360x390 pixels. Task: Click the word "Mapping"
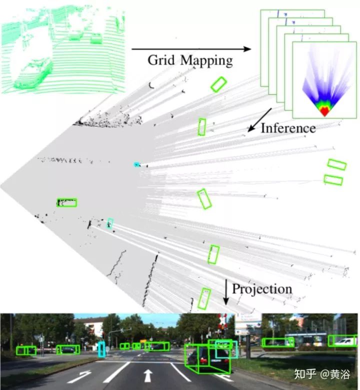(207, 61)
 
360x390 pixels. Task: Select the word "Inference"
(288, 128)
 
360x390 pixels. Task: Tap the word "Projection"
(262, 289)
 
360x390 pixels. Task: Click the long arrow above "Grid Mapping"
(190, 49)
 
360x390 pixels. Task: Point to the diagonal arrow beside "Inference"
(259, 119)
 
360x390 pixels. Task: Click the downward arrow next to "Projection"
(225, 292)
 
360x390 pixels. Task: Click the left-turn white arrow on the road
(79, 376)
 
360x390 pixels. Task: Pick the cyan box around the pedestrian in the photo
(102, 350)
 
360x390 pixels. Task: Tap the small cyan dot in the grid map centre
(135, 164)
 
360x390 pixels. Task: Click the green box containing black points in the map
(66, 202)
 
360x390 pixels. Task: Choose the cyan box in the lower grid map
(110, 223)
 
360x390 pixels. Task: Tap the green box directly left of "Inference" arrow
(201, 127)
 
